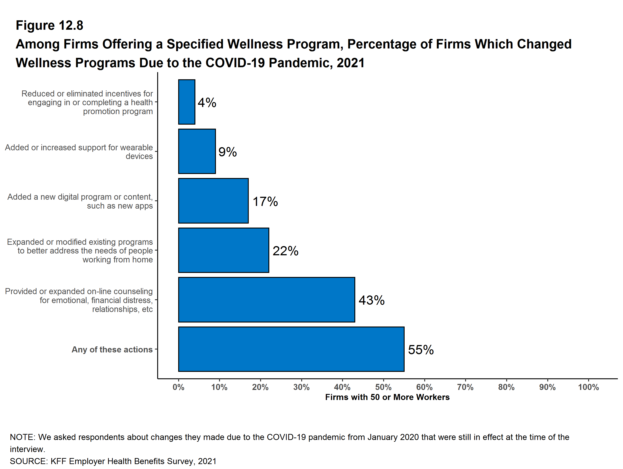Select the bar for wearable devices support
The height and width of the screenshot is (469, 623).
tap(197, 151)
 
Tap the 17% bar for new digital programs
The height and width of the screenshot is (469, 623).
tap(213, 201)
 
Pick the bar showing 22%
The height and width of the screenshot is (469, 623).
tap(223, 250)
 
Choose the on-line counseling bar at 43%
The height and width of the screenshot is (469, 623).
tap(266, 300)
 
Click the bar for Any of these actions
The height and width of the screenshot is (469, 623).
tap(291, 349)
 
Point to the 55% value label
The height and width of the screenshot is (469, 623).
tap(421, 350)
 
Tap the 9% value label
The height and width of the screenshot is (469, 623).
tap(228, 152)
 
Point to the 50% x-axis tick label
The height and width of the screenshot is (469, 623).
tap(383, 387)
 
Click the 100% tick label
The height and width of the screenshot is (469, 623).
tap(588, 387)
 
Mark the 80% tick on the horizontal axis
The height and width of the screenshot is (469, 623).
tap(506, 387)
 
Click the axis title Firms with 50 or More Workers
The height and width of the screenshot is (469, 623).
tap(387, 397)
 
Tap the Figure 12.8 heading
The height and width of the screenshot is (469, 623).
tap(50, 25)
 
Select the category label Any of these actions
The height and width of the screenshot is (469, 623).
tap(112, 349)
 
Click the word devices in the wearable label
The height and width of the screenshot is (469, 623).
tap(139, 156)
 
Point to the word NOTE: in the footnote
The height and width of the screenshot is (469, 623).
tap(23, 437)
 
